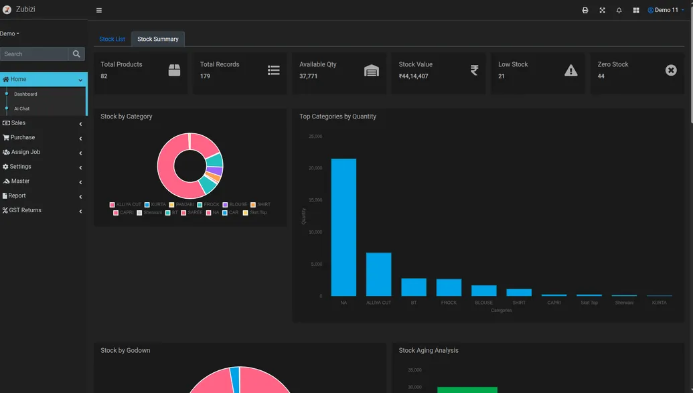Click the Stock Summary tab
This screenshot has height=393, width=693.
coord(157,40)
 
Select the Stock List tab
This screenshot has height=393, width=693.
coord(112,40)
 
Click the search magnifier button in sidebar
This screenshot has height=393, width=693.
coord(76,54)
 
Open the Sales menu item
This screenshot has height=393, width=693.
coord(19,123)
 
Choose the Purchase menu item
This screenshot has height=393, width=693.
coord(22,137)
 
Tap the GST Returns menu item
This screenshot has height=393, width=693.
coord(25,210)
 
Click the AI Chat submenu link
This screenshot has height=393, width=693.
coord(22,108)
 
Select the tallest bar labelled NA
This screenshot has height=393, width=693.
coord(343,227)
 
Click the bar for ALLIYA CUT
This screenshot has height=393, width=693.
coord(378,274)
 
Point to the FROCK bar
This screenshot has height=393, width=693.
coord(449,287)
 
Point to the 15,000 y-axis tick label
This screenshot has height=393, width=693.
coord(315,200)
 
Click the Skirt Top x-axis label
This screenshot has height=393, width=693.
coord(589,303)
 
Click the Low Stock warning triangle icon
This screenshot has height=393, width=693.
coord(570,70)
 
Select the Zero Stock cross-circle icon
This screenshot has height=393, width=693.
coord(671,70)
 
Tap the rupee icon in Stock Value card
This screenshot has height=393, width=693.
coord(474,70)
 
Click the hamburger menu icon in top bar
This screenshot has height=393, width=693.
coord(99,10)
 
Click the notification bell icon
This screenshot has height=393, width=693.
coord(619,10)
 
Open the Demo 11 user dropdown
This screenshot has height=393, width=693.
coord(666,10)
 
